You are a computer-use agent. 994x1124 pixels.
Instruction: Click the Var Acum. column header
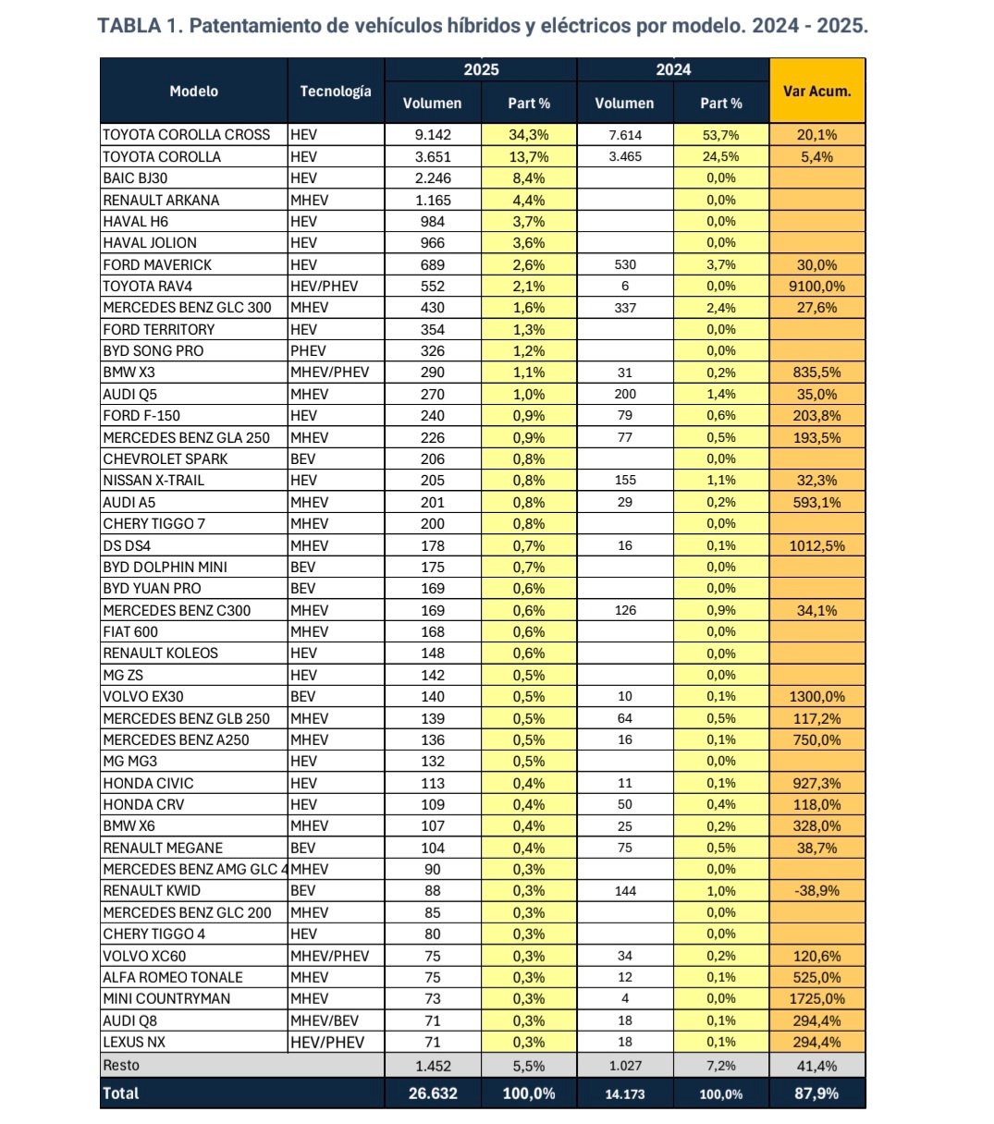tap(816, 91)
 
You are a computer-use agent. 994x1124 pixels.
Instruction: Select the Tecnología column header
tap(336, 91)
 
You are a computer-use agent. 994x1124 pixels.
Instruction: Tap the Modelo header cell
tap(194, 91)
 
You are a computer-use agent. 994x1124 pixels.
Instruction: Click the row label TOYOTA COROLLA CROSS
tap(187, 135)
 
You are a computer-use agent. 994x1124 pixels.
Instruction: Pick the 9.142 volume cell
tap(432, 135)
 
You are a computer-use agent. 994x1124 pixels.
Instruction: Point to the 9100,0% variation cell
tap(816, 287)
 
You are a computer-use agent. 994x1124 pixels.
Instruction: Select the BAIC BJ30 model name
tap(135, 178)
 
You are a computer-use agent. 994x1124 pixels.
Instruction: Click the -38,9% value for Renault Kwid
tap(816, 891)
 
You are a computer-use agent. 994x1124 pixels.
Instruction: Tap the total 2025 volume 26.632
tap(432, 1093)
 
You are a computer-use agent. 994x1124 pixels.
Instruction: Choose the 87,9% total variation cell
tap(816, 1093)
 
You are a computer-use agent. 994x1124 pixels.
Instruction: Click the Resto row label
tap(121, 1065)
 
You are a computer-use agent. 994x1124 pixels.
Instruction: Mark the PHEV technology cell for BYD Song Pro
tap(309, 351)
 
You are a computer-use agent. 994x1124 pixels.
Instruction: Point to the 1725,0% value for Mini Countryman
tap(816, 999)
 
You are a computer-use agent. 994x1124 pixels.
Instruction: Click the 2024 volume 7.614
tap(625, 135)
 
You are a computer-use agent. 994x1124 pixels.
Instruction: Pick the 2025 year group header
tap(481, 70)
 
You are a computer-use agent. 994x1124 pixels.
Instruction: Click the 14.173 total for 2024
tap(625, 1093)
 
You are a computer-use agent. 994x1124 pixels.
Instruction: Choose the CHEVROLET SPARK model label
tap(166, 459)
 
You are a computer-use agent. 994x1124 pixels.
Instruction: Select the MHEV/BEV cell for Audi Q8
tap(325, 1020)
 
